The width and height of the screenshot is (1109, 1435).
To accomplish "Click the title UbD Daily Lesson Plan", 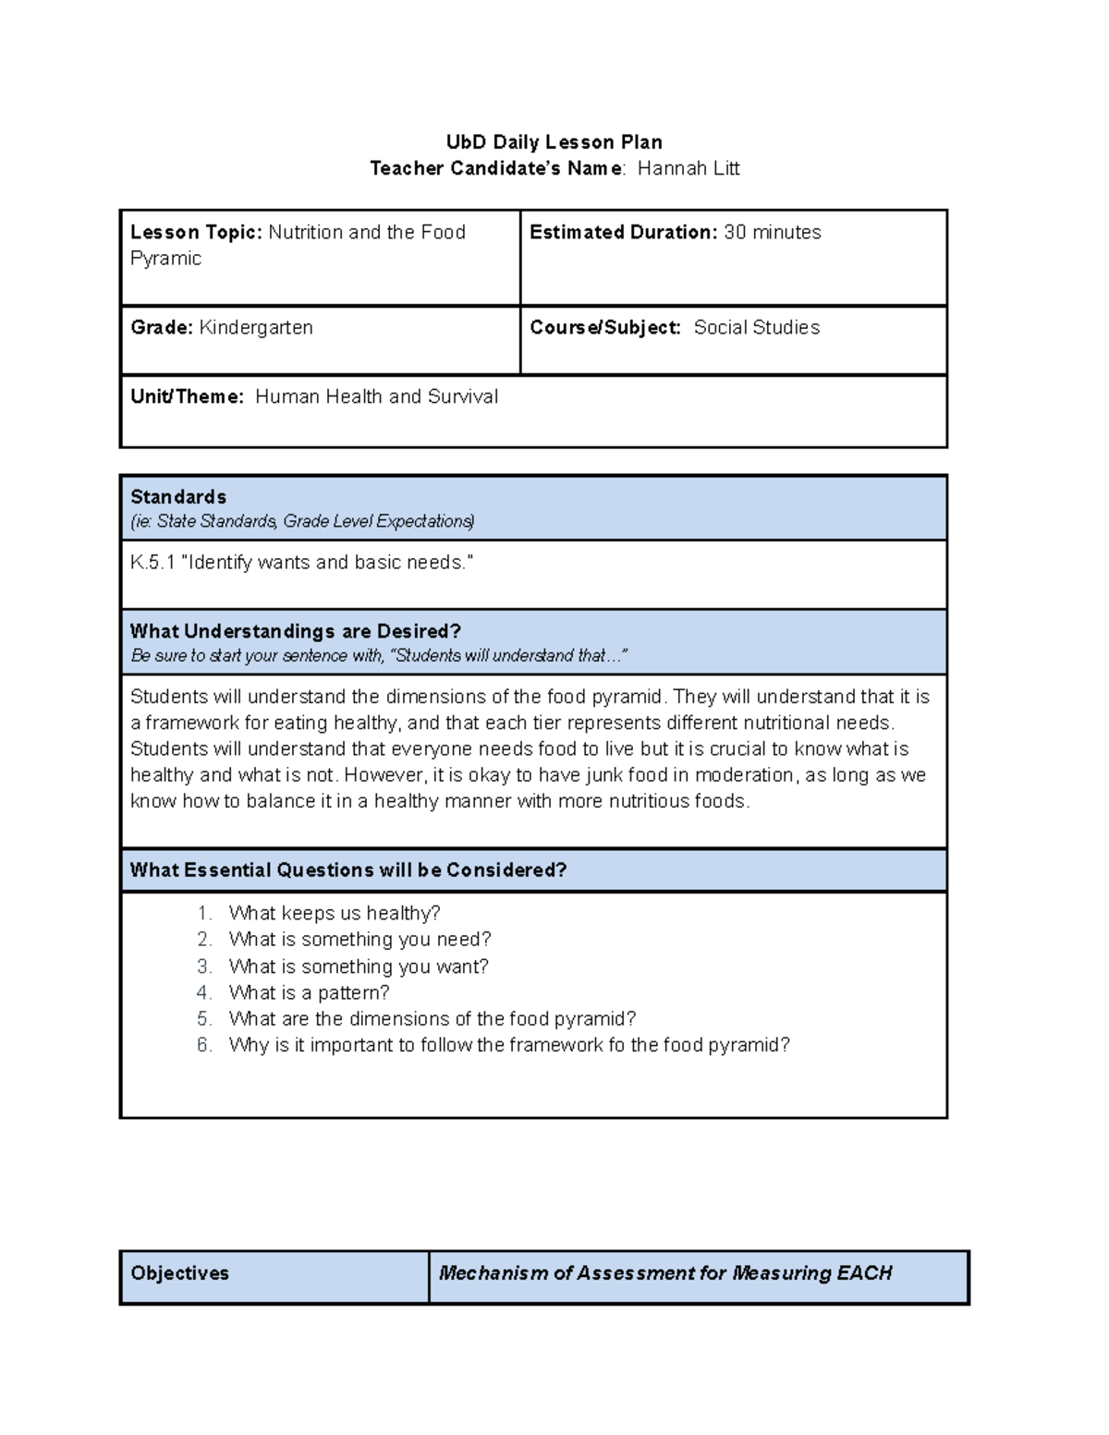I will click(554, 142).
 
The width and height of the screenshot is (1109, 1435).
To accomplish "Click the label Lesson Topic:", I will click(197, 233).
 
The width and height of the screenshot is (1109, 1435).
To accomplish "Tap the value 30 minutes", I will click(772, 233).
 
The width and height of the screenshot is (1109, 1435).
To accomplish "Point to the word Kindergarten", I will click(256, 328).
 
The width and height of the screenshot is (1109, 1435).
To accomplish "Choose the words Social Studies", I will click(756, 328).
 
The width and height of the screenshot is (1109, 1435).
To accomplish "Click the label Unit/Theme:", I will click(188, 397).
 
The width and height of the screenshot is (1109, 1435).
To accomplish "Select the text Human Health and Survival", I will click(376, 397).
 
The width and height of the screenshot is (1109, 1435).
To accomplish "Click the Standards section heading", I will click(178, 497).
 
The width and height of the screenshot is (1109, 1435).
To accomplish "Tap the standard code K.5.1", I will click(152, 563).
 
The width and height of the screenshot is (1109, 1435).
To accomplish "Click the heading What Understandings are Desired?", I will click(295, 632).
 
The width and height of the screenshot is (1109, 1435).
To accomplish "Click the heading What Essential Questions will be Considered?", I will click(347, 870).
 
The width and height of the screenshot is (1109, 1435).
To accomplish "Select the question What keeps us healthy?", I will click(335, 914).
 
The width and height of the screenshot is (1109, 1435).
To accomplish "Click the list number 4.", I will click(204, 993).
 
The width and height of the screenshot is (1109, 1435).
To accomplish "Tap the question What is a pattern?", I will click(309, 993).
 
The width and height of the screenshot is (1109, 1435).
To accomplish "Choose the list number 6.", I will click(204, 1046).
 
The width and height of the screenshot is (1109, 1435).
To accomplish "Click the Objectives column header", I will click(180, 1273).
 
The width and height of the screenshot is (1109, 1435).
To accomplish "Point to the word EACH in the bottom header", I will click(864, 1273).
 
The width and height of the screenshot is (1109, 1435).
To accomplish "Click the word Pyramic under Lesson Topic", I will click(165, 259).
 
